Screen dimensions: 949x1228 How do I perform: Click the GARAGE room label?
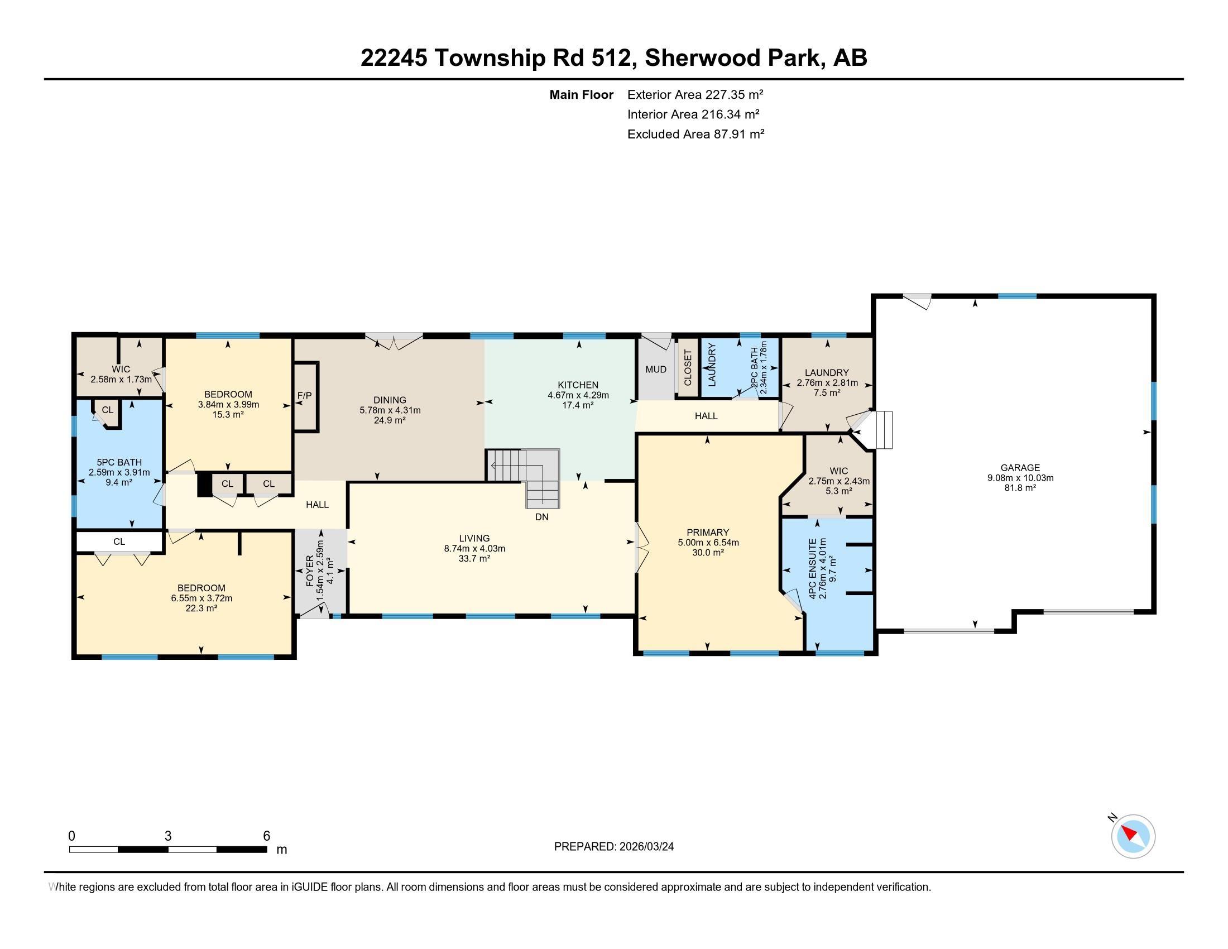point(1020,467)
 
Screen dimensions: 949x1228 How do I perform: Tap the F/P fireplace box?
point(304,396)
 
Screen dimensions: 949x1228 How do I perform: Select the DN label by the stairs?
point(541,517)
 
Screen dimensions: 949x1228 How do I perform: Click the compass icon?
point(1133,836)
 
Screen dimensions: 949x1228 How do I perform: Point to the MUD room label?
point(656,370)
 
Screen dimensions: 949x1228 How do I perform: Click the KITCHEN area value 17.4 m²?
point(578,405)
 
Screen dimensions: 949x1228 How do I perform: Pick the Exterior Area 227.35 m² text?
point(695,94)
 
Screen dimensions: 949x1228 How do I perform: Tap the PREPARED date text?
point(613,846)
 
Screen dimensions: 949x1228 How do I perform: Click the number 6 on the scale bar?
point(266,836)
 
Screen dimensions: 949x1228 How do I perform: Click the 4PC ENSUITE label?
point(813,568)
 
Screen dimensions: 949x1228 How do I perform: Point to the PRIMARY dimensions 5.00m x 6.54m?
point(708,543)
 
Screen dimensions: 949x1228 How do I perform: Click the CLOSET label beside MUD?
point(688,368)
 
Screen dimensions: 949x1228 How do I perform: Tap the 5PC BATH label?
point(119,463)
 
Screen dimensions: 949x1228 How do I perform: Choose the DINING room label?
point(390,400)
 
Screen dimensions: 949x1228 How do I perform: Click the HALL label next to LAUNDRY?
point(706,416)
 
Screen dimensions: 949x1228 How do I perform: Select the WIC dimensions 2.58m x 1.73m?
point(121,380)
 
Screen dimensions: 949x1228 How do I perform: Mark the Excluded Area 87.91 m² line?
point(695,134)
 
